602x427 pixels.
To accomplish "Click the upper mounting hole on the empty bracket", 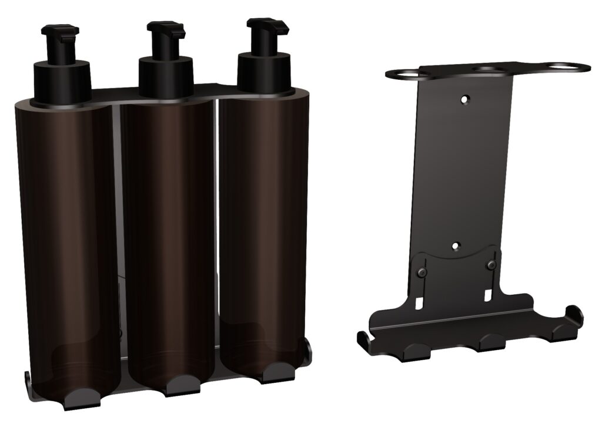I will point(465,100).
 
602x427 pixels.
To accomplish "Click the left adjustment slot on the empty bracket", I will point(419,302).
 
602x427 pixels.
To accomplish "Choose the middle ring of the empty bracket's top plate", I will point(494,69).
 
